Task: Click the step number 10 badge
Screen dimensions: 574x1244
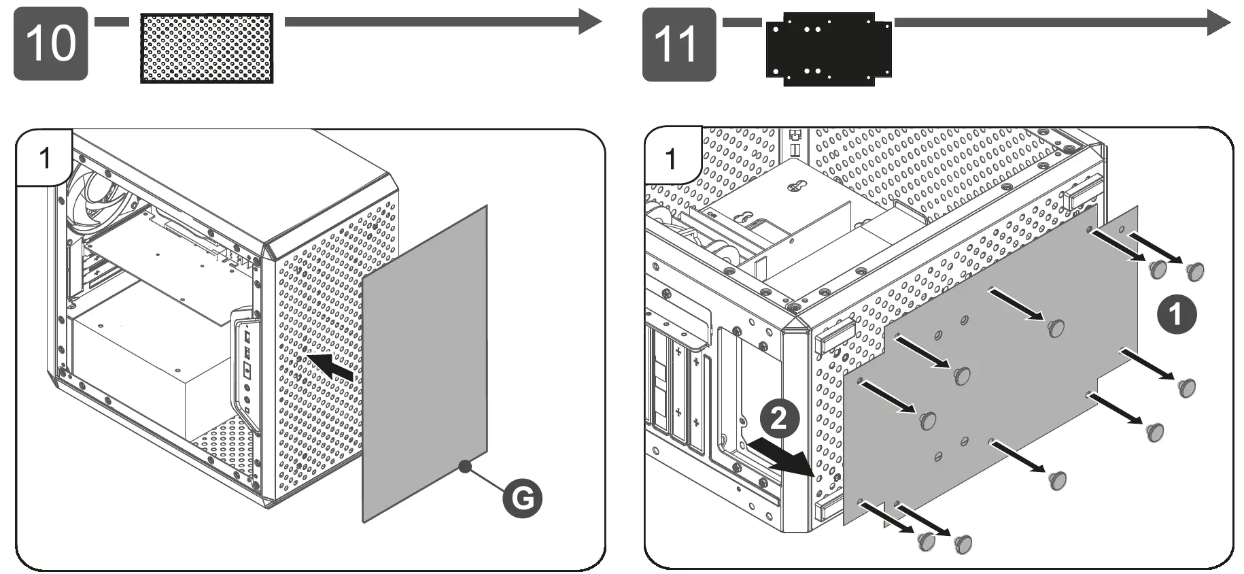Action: [51, 44]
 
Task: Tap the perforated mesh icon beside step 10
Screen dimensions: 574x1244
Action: [207, 48]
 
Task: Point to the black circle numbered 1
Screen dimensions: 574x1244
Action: [1176, 314]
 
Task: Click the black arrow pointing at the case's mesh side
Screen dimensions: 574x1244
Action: [331, 366]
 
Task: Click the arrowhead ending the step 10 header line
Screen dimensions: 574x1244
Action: [590, 21]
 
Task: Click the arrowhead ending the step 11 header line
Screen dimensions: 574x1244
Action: [1218, 22]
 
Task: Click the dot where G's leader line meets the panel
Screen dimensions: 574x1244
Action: [465, 467]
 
